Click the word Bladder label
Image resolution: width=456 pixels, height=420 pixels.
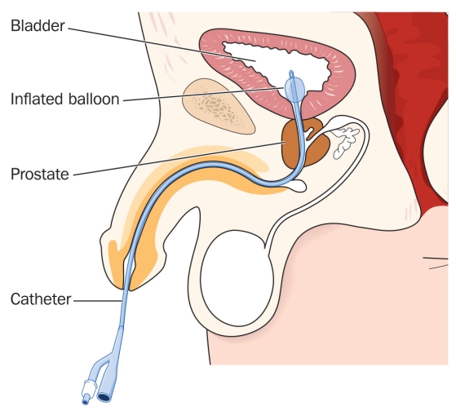pyautogui.click(x=38, y=26)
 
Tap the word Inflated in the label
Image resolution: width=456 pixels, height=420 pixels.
pyautogui.click(x=37, y=99)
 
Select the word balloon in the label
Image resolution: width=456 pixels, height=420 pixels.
pyautogui.click(x=94, y=99)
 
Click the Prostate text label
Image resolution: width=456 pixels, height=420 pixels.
pyautogui.click(x=40, y=175)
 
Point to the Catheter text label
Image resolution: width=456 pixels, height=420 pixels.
pyautogui.click(x=41, y=299)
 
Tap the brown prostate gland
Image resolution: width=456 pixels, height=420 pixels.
pyautogui.click(x=305, y=143)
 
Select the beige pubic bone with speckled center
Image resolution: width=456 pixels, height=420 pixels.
pyautogui.click(x=218, y=107)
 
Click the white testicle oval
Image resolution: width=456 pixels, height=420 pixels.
pyautogui.click(x=237, y=278)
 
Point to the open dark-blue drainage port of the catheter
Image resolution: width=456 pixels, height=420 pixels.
pyautogui.click(x=104, y=396)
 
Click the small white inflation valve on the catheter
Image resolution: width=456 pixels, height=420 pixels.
pyautogui.click(x=88, y=390)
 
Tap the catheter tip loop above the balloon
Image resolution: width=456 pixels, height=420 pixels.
pyautogui.click(x=291, y=74)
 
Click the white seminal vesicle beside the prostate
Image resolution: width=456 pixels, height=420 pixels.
pyautogui.click(x=344, y=140)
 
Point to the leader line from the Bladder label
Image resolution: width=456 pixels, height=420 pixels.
pyautogui.click(x=162, y=45)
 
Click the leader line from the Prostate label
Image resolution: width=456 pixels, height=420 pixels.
pyautogui.click(x=179, y=159)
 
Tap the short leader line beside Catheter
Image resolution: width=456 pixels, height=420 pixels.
pyautogui.click(x=98, y=301)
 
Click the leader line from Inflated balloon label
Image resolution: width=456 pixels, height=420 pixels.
pyautogui.click(x=203, y=94)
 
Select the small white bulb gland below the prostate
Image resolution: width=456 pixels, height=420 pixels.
pyautogui.click(x=297, y=185)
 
